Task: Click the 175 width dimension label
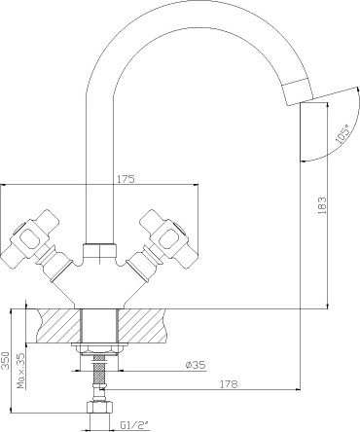[x=126, y=179]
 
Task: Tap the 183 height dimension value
[x=322, y=205]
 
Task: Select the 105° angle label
[x=342, y=133]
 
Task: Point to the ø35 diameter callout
[x=196, y=365]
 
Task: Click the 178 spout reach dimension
[x=229, y=384]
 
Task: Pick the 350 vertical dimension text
[x=5, y=360]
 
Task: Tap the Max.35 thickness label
[x=21, y=371]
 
